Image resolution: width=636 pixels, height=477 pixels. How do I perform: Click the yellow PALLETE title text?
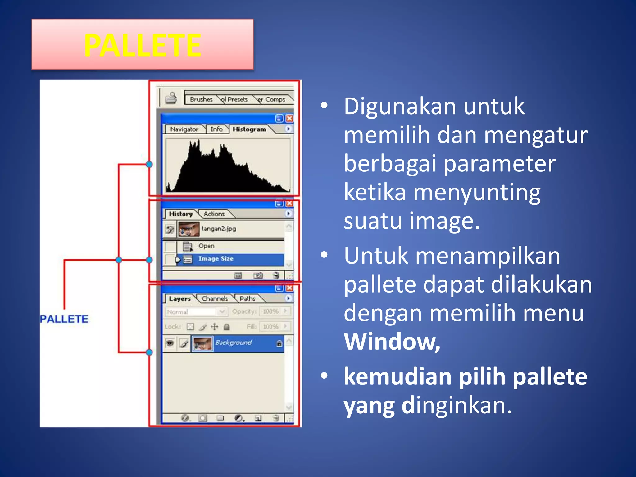click(x=143, y=45)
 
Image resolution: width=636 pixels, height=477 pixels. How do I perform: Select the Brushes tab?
click(x=201, y=99)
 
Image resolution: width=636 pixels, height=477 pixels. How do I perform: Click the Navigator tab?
click(x=184, y=129)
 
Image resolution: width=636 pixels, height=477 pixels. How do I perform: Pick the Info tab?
click(x=216, y=129)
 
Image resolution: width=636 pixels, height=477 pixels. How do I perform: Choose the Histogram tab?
click(x=249, y=129)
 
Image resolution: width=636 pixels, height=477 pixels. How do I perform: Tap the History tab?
click(x=181, y=214)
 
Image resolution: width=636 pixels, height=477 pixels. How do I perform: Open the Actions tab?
click(x=214, y=214)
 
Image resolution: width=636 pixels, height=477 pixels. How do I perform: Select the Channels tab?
click(x=215, y=298)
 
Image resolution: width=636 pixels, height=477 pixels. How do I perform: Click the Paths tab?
click(x=247, y=298)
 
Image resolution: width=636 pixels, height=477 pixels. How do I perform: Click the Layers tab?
click(x=180, y=299)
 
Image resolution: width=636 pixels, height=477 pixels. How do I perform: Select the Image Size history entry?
click(x=216, y=259)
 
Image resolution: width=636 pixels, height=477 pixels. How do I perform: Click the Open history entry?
click(x=207, y=246)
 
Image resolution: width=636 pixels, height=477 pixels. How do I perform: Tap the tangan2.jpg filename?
click(x=219, y=229)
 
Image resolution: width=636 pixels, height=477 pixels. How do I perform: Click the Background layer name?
click(x=234, y=343)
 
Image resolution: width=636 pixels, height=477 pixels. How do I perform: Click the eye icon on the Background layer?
click(x=170, y=343)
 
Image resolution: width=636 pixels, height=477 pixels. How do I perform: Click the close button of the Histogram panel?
click(x=289, y=118)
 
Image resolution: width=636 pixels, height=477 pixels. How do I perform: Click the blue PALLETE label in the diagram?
click(x=64, y=319)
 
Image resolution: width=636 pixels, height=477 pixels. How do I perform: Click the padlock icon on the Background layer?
click(x=279, y=343)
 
